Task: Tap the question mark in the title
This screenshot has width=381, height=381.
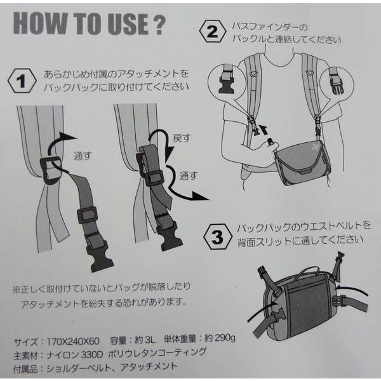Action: (159, 24)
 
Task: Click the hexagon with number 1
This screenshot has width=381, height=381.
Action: (22, 81)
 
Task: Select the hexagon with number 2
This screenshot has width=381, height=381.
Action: (213, 32)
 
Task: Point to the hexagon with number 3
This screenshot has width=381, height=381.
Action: (218, 236)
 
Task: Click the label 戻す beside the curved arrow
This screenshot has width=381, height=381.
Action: (181, 138)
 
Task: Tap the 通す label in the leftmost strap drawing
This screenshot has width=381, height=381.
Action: (83, 156)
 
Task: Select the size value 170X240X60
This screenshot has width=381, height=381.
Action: (73, 342)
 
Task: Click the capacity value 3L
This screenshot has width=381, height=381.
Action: (149, 340)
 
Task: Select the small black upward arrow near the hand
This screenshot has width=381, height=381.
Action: (264, 129)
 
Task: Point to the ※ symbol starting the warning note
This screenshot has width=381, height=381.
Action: (17, 290)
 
